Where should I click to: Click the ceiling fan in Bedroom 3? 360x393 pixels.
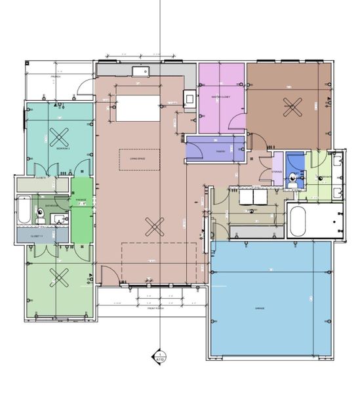60,137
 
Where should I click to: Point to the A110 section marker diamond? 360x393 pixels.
158,358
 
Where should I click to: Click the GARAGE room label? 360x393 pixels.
260,307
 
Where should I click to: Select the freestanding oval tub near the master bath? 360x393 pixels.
298,222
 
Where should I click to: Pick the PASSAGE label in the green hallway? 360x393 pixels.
81,200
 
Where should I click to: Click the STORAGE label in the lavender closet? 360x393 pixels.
277,172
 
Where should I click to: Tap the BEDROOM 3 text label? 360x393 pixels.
64,149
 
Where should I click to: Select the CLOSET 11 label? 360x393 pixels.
37,235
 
